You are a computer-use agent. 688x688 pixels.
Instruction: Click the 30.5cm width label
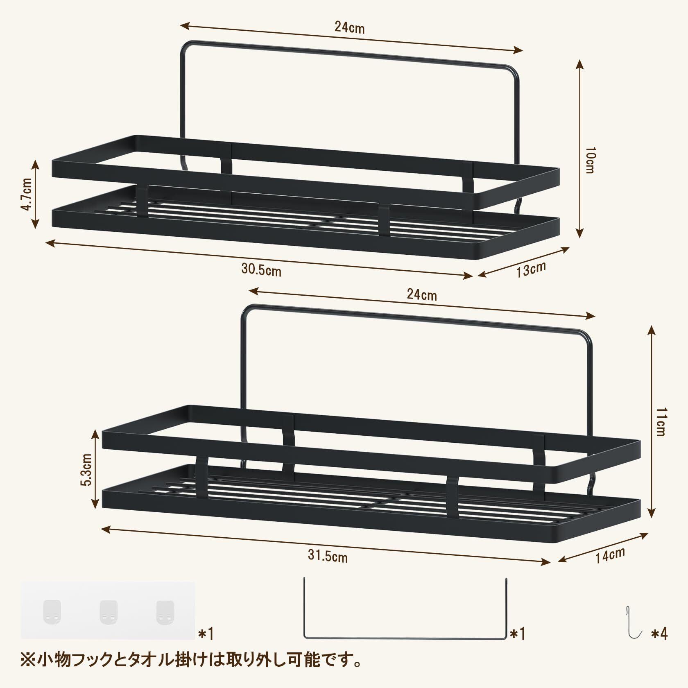tap(261, 270)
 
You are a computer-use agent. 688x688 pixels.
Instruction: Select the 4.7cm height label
tap(27, 194)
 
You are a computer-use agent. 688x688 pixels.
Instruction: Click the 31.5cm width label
tap(328, 557)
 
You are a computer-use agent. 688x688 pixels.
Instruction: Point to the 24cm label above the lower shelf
tap(421, 294)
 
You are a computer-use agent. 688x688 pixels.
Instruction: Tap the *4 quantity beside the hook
tap(660, 634)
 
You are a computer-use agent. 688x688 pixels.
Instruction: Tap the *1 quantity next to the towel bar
tap(517, 634)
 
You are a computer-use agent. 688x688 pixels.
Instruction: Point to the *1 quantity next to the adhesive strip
tap(206, 634)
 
